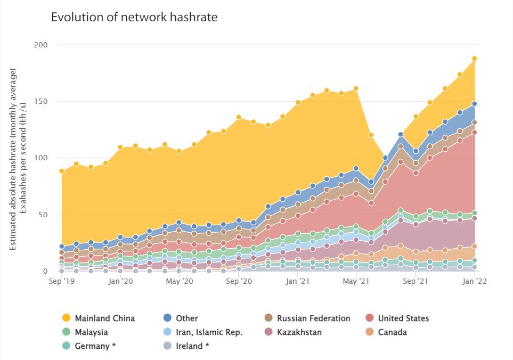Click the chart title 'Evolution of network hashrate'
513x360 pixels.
click(134, 17)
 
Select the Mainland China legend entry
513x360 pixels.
click(104, 318)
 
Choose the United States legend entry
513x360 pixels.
click(403, 318)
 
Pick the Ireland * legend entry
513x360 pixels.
click(192, 346)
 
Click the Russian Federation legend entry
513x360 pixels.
click(313, 318)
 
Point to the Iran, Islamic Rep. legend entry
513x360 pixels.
click(209, 332)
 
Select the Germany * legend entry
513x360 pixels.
click(95, 346)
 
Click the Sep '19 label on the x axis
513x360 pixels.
click(61, 281)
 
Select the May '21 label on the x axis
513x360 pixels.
click(356, 281)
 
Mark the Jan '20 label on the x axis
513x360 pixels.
click(120, 281)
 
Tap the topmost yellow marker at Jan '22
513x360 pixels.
click(474, 59)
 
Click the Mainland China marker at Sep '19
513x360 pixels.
click(62, 171)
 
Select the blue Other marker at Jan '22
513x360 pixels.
click(474, 104)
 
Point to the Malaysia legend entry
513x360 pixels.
click(91, 332)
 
